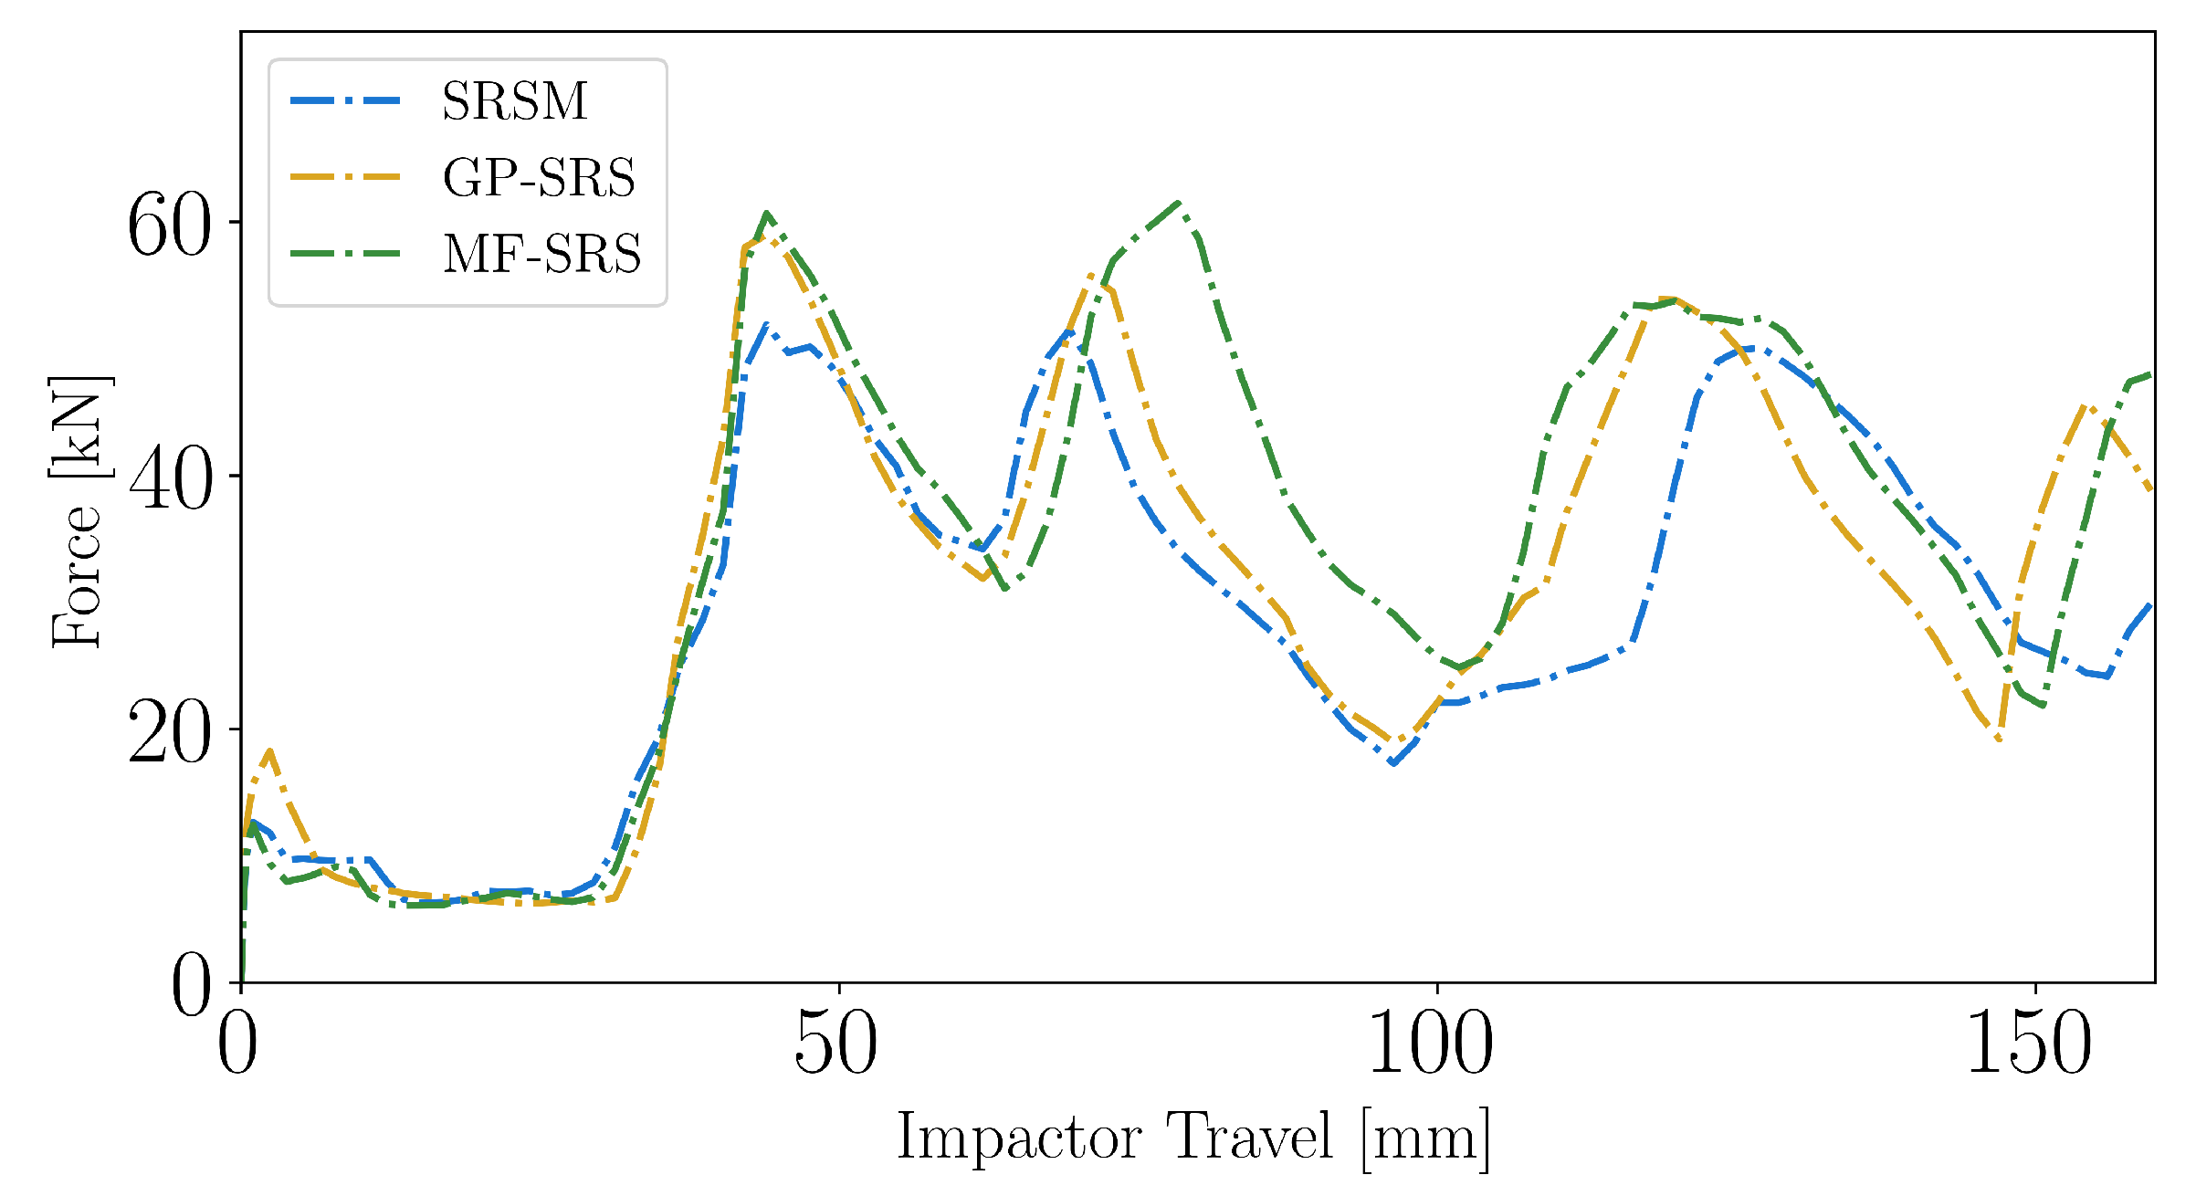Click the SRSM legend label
(514, 100)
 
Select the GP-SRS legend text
(539, 177)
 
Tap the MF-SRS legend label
(541, 254)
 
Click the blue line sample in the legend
(345, 100)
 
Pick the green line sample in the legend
(345, 254)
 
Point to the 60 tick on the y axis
(169, 226)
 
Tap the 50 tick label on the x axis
(836, 1043)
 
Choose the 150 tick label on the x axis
(2029, 1043)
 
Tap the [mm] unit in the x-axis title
(1425, 1138)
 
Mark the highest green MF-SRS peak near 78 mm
(1179, 203)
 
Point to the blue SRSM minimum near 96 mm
(1393, 763)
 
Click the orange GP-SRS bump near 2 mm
(269, 750)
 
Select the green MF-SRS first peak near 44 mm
(767, 214)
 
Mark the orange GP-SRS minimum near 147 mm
(1999, 739)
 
